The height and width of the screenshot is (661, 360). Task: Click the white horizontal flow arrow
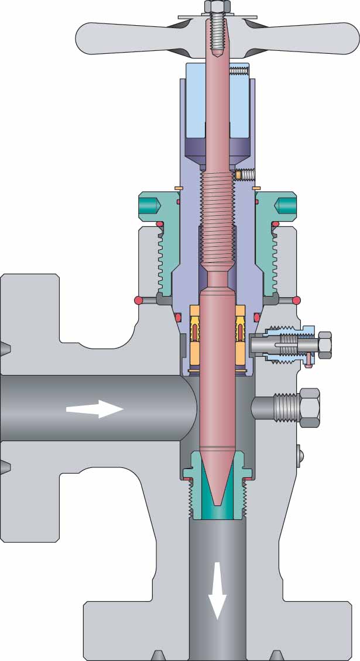[x=95, y=408]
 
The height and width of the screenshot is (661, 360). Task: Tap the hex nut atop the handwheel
[x=217, y=6]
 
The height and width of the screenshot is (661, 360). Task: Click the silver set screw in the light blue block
[x=239, y=71]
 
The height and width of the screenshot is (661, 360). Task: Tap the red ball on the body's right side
[x=296, y=301]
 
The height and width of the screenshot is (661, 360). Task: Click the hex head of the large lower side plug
[x=310, y=407]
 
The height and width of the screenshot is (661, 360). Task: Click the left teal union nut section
[x=155, y=234]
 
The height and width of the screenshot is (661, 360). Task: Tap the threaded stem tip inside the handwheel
[x=217, y=35]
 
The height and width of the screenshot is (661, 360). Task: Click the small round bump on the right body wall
[x=300, y=455]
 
